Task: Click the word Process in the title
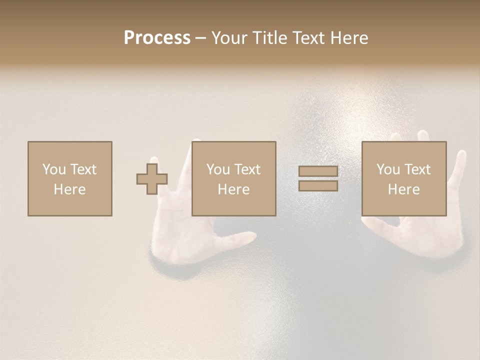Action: (x=157, y=38)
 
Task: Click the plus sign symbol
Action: (x=152, y=179)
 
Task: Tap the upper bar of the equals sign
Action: (x=318, y=171)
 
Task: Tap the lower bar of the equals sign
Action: (x=318, y=185)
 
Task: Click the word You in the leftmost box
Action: (x=54, y=169)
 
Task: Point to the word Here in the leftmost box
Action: (x=70, y=189)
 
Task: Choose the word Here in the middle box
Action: (x=234, y=189)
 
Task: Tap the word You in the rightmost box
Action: (x=388, y=169)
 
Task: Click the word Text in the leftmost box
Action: (x=83, y=169)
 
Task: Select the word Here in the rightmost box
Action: (x=404, y=189)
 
